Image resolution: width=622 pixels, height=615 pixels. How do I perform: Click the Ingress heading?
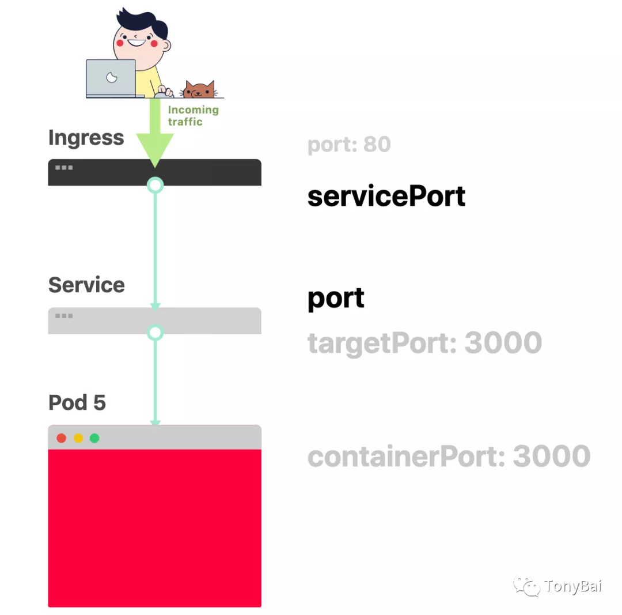click(86, 138)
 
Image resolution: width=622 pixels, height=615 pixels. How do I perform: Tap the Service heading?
click(86, 285)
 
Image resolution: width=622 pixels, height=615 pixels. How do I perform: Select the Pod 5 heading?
click(77, 402)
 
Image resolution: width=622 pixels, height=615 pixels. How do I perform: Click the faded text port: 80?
click(349, 145)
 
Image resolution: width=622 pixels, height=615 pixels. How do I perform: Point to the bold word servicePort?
click(386, 197)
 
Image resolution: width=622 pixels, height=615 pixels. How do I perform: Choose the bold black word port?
click(336, 299)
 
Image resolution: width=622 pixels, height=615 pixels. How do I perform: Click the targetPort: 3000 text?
click(424, 344)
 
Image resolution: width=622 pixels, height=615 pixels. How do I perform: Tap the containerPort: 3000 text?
click(449, 456)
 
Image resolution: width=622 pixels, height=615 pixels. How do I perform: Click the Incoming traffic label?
click(192, 115)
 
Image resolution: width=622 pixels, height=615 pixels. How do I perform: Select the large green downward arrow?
click(155, 138)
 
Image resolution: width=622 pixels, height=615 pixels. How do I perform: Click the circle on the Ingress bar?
click(155, 185)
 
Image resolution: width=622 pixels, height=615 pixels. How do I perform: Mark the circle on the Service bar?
click(155, 333)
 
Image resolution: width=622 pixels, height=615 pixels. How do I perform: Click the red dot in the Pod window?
click(61, 438)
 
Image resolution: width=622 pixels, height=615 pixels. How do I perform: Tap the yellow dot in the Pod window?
click(78, 438)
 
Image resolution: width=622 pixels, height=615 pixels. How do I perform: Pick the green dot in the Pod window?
click(94, 438)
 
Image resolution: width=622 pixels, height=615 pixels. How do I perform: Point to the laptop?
click(112, 78)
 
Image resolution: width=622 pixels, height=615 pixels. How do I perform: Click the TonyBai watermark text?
click(572, 587)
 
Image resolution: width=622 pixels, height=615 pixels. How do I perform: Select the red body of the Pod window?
click(154, 527)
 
